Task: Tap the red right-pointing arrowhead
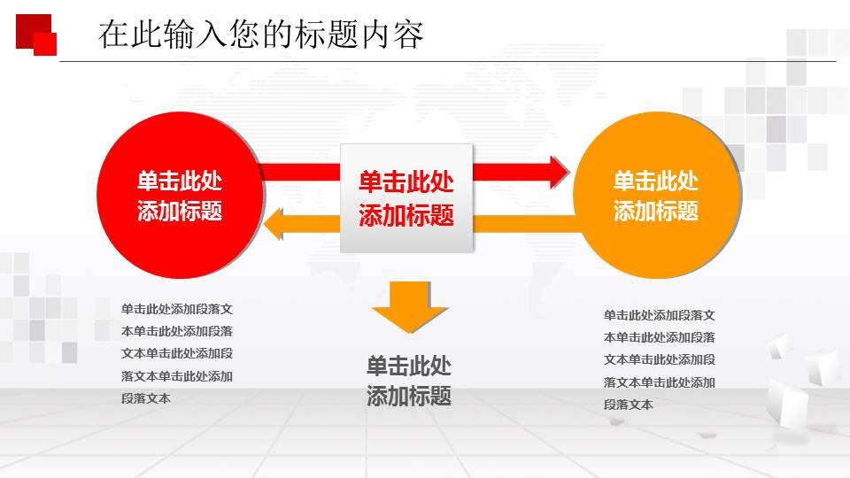click(x=558, y=172)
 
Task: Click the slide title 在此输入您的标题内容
click(x=260, y=35)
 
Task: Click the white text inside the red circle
click(x=179, y=196)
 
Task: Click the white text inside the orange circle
click(x=655, y=196)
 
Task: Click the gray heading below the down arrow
click(x=409, y=381)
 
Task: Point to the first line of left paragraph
click(x=177, y=309)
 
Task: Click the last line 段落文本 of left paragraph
click(x=146, y=398)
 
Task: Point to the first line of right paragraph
click(x=660, y=315)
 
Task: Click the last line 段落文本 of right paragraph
click(x=629, y=405)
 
